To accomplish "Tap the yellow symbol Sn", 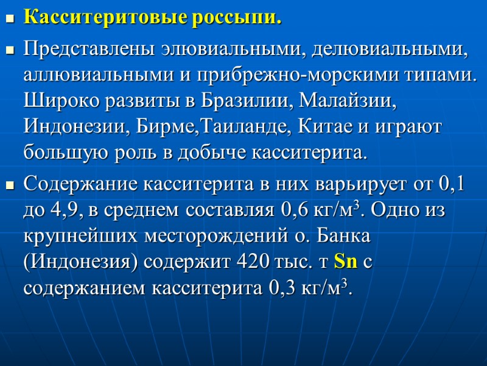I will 346,262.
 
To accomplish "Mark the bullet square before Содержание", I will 9,184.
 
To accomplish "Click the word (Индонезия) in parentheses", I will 74,262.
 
